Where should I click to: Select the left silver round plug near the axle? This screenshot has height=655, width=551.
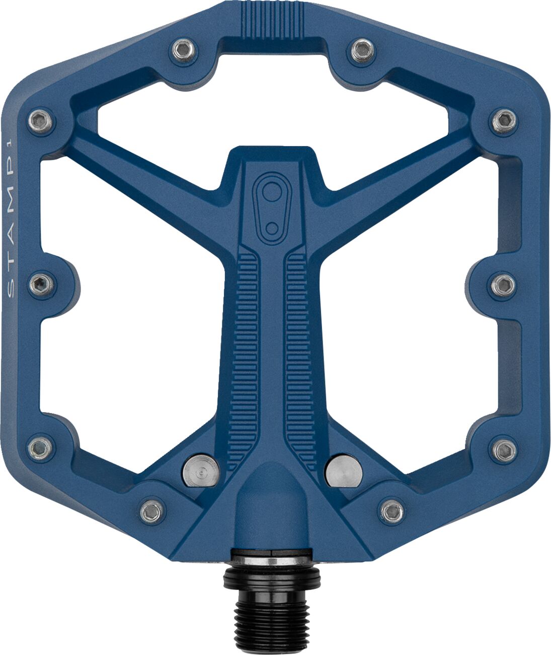[x=201, y=472]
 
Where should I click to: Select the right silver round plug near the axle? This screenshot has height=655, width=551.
[x=344, y=472]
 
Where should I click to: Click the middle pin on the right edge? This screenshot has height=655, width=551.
[x=503, y=285]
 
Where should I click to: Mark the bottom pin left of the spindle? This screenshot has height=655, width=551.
[x=151, y=511]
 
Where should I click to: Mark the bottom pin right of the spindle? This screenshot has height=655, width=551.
[x=391, y=511]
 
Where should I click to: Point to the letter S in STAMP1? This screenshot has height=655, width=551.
[x=12, y=290]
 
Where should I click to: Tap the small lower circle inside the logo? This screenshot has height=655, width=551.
[x=272, y=227]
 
